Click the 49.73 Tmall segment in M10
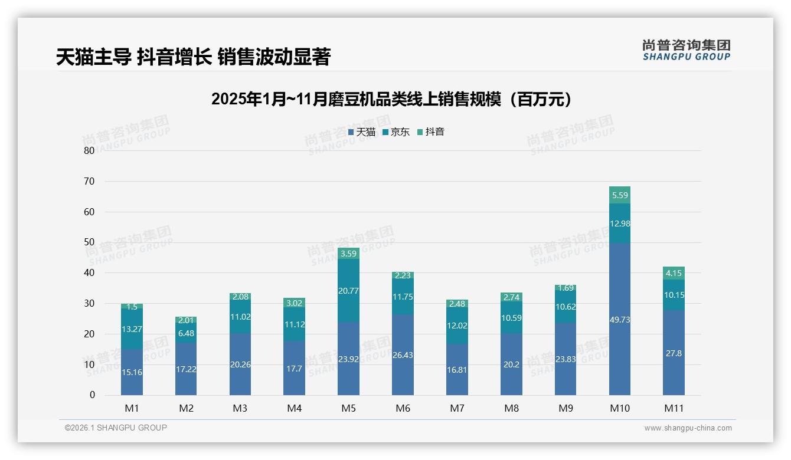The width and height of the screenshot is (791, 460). coord(619,319)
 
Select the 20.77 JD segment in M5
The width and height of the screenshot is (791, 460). coord(348,290)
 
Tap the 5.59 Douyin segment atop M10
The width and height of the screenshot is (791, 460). coord(619,195)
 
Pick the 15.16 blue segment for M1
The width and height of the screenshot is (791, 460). coord(132,372)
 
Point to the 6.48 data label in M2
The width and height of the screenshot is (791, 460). coord(186,333)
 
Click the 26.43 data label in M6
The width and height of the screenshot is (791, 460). coord(403,355)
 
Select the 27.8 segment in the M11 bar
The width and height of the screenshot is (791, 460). coord(674,353)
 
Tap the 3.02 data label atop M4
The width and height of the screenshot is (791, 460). coord(294,303)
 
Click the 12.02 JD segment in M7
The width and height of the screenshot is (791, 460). coord(457,326)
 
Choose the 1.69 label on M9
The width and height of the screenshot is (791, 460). coord(566,288)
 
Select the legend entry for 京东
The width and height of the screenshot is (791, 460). coord(395,132)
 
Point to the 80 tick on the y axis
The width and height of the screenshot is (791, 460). coord(89,150)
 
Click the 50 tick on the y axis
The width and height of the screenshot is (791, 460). coord(89,242)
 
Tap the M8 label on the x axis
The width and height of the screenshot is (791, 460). coord(511,408)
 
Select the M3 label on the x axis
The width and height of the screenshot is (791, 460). coord(240,408)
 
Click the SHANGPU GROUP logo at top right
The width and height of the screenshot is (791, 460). coord(686,50)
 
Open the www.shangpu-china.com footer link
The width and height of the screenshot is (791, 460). coord(688,428)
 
